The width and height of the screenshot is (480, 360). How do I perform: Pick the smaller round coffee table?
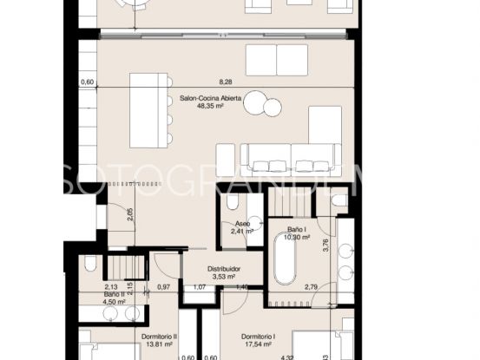point(273,108)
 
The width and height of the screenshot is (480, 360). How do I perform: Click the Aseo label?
point(241,223)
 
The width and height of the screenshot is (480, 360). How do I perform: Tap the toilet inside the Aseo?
point(232,201)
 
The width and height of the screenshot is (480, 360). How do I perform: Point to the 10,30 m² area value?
point(303,238)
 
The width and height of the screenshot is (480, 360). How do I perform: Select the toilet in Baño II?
point(89,265)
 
